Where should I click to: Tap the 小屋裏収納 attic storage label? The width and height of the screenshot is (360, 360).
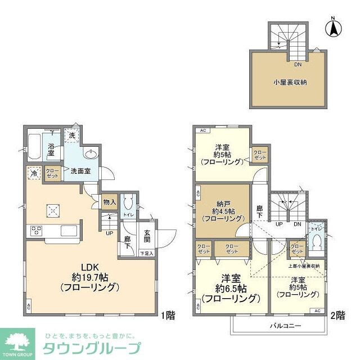tap(290, 82)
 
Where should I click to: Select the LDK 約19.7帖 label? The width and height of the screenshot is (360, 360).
tap(90, 277)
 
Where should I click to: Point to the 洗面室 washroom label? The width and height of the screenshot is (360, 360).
tap(80, 171)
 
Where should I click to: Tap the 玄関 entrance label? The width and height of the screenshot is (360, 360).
tap(146, 237)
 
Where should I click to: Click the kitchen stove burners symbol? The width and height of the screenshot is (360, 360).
tap(37, 229)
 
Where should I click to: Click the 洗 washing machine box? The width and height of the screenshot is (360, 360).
tap(72, 135)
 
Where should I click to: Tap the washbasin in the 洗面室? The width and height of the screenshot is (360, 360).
tap(91, 155)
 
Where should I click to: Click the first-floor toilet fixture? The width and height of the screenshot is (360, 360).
tap(128, 202)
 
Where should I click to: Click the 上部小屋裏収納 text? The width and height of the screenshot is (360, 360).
tap(303, 265)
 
